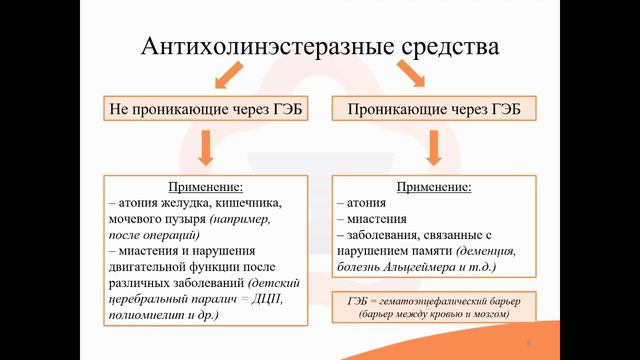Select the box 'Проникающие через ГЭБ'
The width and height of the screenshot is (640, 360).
(432, 107)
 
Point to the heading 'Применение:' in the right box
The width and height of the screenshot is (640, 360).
(434, 187)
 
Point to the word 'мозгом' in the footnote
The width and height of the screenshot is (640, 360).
(489, 314)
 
